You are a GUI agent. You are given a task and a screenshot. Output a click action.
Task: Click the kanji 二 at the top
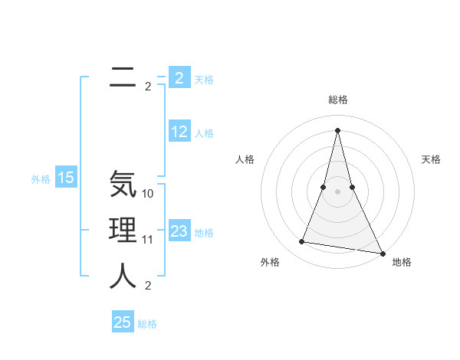click(123, 77)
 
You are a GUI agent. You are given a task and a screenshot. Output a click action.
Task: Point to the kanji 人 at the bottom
click(123, 276)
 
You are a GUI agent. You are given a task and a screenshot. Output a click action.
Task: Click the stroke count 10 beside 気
click(148, 194)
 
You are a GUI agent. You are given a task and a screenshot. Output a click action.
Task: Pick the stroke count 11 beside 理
click(148, 240)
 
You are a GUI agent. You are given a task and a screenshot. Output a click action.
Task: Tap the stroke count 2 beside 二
click(148, 87)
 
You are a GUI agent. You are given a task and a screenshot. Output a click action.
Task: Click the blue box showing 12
click(179, 132)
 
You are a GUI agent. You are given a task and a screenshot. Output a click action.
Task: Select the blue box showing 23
click(179, 231)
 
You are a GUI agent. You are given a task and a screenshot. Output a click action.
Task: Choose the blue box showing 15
click(66, 178)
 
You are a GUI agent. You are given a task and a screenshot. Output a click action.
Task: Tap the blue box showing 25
click(123, 322)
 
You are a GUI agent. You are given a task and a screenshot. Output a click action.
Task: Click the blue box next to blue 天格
click(179, 78)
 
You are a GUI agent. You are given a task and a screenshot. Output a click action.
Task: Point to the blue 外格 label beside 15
click(41, 179)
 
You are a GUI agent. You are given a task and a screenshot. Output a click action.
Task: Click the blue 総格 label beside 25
click(147, 324)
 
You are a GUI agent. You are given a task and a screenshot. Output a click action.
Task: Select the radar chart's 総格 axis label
click(338, 100)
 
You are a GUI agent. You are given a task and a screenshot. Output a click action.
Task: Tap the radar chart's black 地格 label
click(402, 262)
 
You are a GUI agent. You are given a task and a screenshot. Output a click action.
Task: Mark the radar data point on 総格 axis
click(338, 130)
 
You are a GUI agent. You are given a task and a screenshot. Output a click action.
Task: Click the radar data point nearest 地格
click(383, 254)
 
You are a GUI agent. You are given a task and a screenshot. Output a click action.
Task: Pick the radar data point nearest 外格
click(302, 242)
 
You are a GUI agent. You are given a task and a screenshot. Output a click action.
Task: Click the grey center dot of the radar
click(338, 191)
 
